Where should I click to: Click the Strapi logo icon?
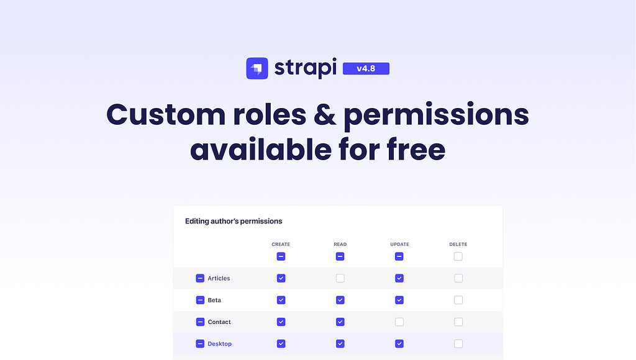pyautogui.click(x=257, y=68)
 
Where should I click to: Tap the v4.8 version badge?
pyautogui.click(x=366, y=68)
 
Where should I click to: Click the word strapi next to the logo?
pyautogui.click(x=306, y=68)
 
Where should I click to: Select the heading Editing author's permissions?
pyautogui.click(x=234, y=221)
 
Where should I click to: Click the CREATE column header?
pyautogui.click(x=281, y=245)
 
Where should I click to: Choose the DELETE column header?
pyautogui.click(x=458, y=245)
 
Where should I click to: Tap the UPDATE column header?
pyautogui.click(x=399, y=245)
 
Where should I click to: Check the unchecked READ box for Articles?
pyautogui.click(x=340, y=278)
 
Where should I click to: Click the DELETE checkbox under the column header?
pyautogui.click(x=458, y=256)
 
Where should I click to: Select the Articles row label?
pyautogui.click(x=219, y=279)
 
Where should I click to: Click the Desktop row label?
pyautogui.click(x=219, y=344)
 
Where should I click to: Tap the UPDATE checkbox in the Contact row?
pyautogui.click(x=399, y=322)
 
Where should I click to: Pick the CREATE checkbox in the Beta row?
pyautogui.click(x=281, y=300)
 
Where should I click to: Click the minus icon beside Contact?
pyautogui.click(x=200, y=322)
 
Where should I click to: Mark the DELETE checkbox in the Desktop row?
pyautogui.click(x=458, y=343)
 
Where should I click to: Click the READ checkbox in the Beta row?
pyautogui.click(x=340, y=300)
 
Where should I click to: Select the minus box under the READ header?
pyautogui.click(x=340, y=256)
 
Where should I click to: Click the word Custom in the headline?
pyautogui.click(x=166, y=115)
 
